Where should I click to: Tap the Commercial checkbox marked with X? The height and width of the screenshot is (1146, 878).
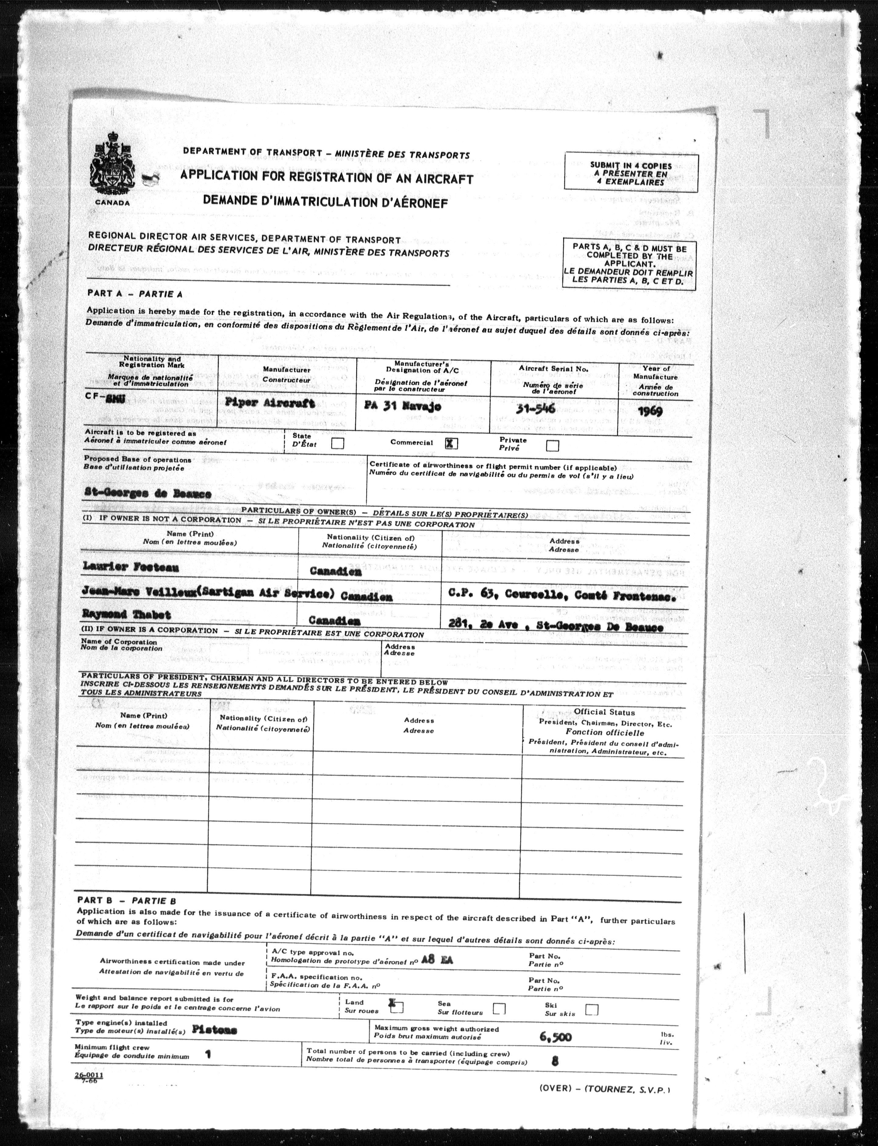(451, 443)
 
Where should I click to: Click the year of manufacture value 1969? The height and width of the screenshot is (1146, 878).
(650, 411)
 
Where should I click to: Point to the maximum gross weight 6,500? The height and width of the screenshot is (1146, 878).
(555, 1037)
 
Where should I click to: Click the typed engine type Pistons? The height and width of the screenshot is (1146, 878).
(214, 1030)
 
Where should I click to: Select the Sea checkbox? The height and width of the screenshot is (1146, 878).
(499, 1008)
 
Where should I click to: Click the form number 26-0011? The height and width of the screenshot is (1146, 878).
(88, 1075)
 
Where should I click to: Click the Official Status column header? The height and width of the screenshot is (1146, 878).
(605, 712)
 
